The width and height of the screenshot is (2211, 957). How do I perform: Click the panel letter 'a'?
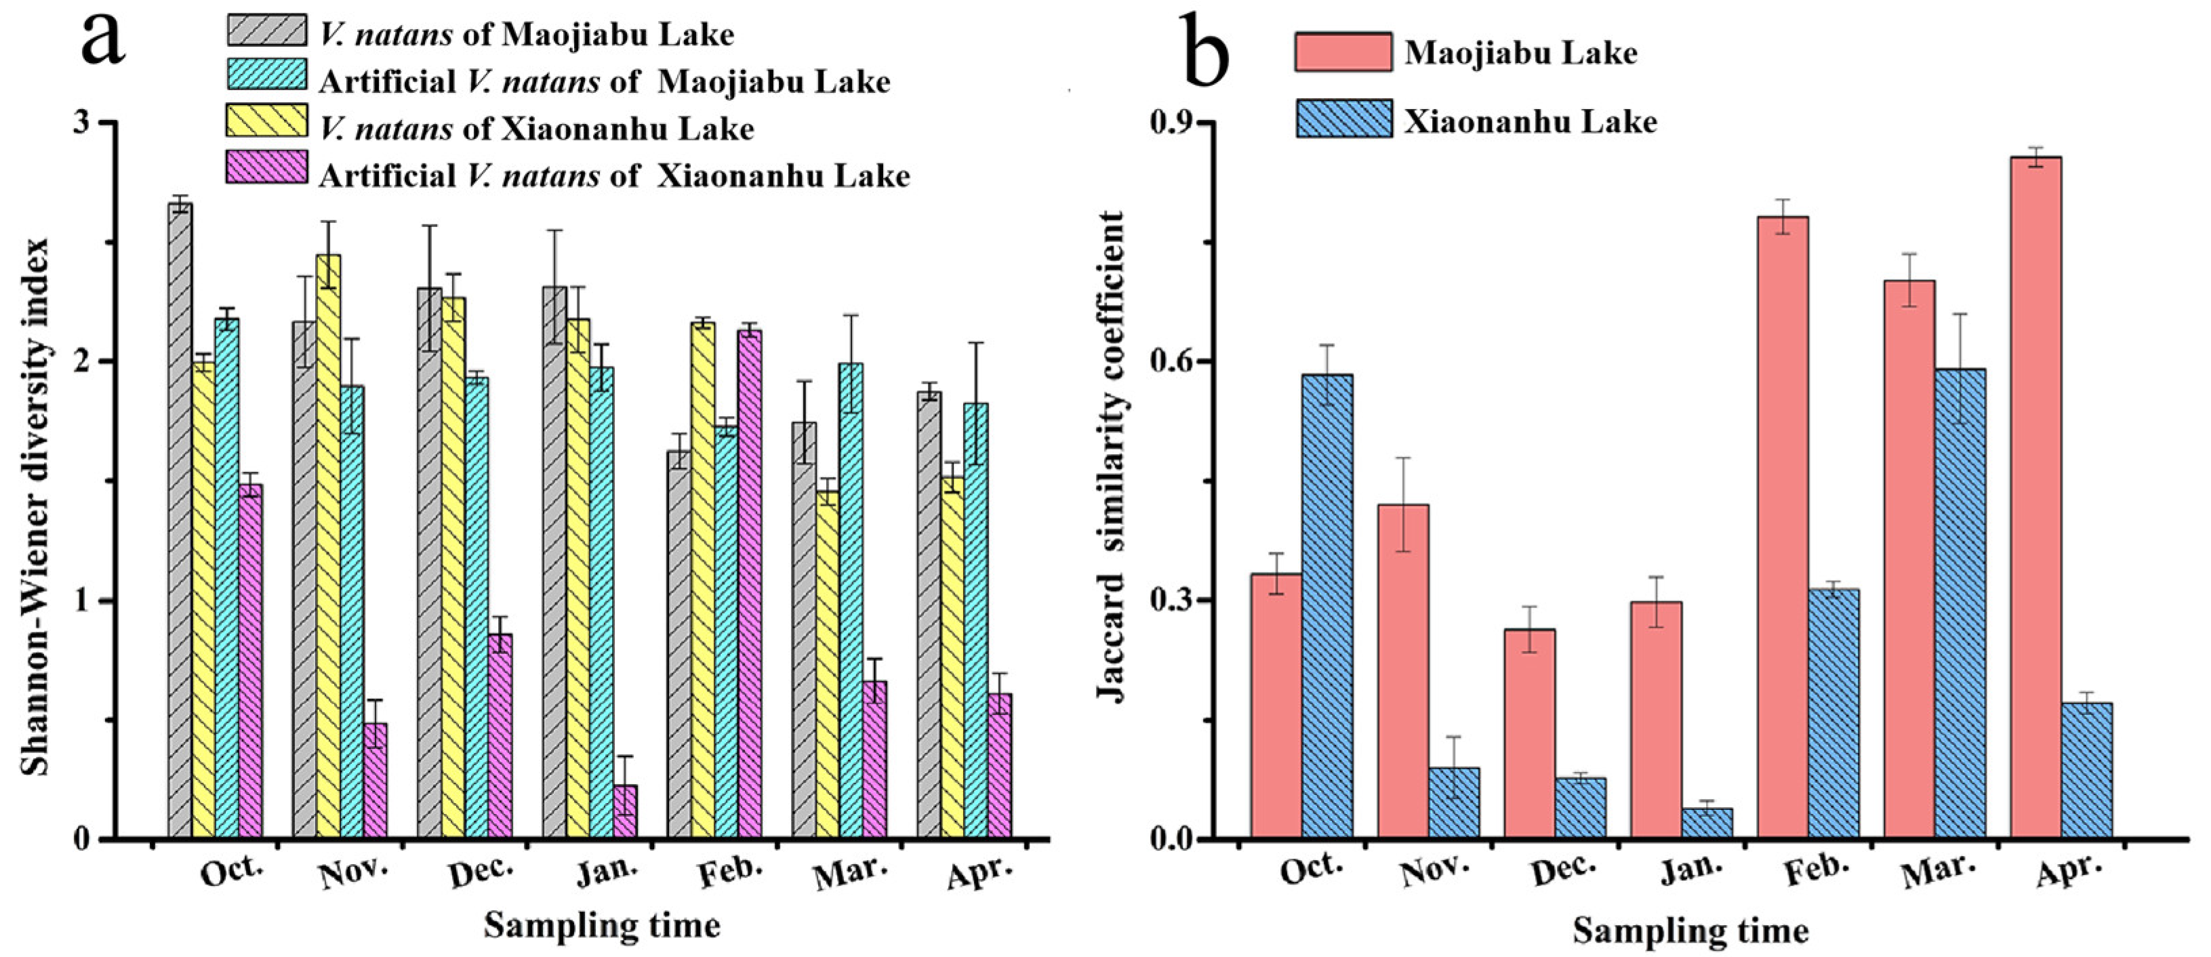pyautogui.click(x=103, y=39)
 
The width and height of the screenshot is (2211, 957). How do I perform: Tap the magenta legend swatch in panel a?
pyautogui.click(x=267, y=167)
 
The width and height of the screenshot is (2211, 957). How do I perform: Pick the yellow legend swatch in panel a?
pyautogui.click(x=267, y=120)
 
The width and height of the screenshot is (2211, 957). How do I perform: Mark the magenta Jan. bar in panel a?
pyautogui.click(x=625, y=811)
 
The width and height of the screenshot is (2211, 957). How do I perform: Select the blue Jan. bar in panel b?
pyautogui.click(x=1707, y=822)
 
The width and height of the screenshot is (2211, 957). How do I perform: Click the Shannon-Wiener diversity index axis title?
pyautogui.click(x=36, y=506)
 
